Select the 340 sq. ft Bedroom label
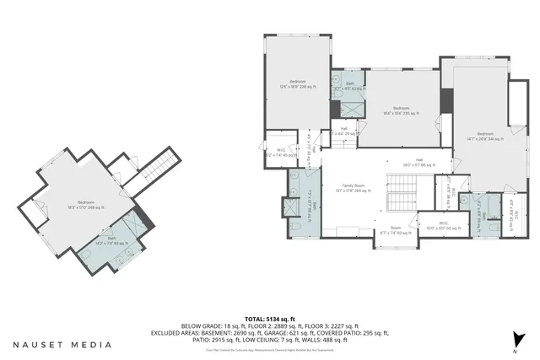pyautogui.click(x=485, y=137)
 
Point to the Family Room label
pyautogui.click(x=353, y=188)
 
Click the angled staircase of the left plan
pyautogui.click(x=159, y=168)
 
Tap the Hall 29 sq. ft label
pyautogui.click(x=344, y=131)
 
